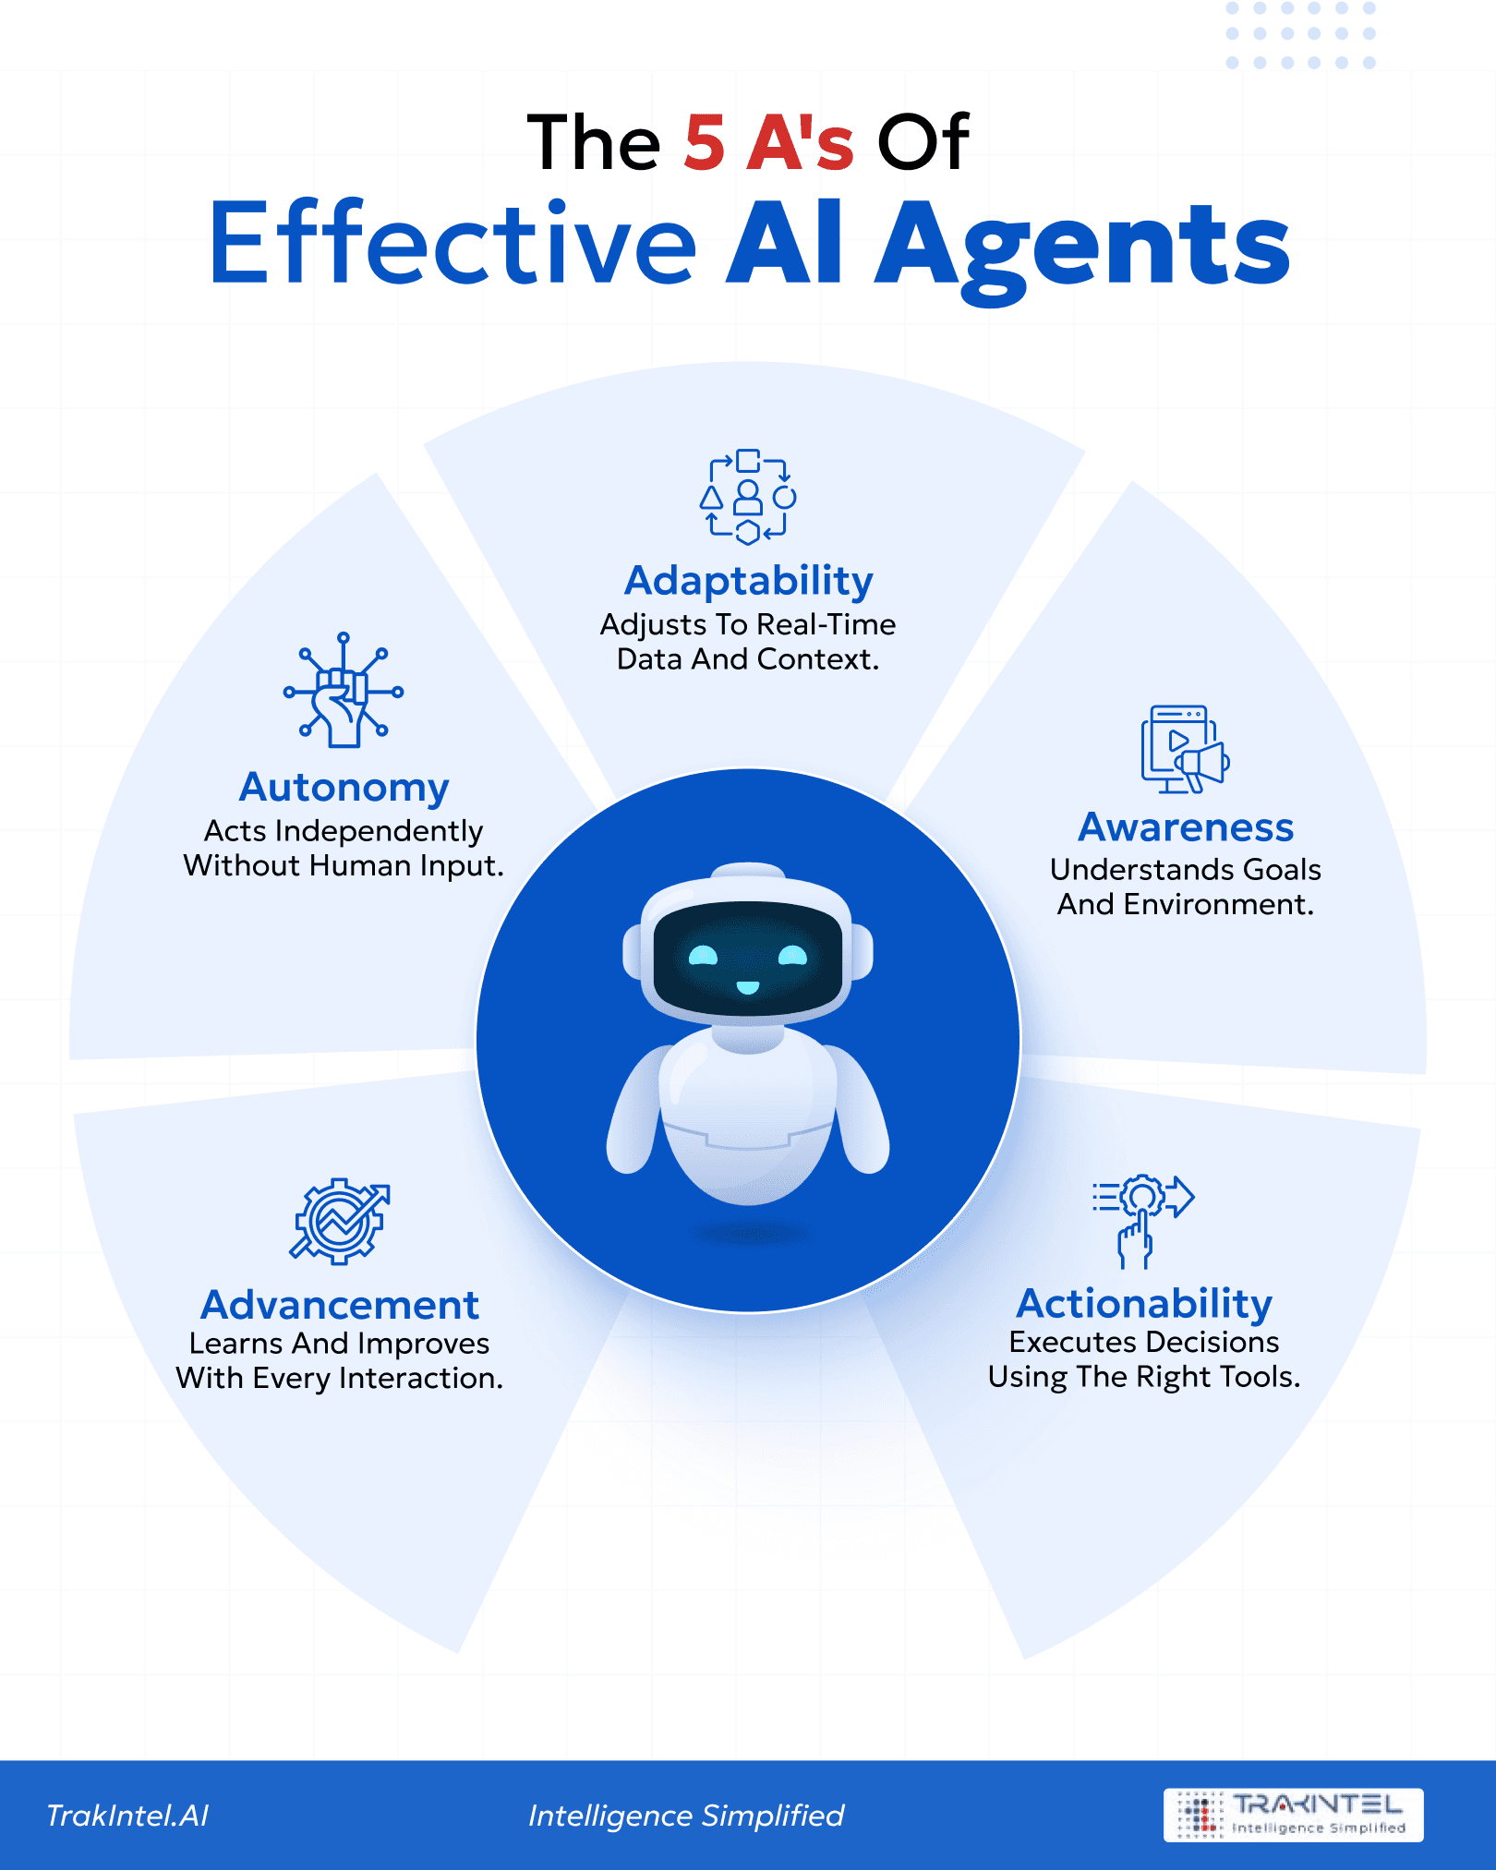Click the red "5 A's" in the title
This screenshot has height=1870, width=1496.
(x=769, y=143)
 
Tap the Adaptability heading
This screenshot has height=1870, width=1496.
(x=748, y=581)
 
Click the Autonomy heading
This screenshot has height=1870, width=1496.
(x=344, y=788)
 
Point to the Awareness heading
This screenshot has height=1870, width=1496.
(x=1186, y=827)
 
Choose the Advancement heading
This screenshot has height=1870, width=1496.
(x=340, y=1305)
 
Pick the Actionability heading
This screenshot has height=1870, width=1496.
(x=1144, y=1303)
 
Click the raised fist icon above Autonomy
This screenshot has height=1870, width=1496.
(x=343, y=691)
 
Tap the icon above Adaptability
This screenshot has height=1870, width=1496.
(x=748, y=497)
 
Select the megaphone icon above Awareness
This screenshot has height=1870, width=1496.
(x=1185, y=750)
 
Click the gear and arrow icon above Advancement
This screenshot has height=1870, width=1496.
(x=340, y=1221)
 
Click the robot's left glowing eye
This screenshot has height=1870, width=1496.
(x=703, y=956)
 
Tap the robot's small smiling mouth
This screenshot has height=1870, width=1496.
(x=748, y=988)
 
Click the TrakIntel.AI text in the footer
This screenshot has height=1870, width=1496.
(x=127, y=1816)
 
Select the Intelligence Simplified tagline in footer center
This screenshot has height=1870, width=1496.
(x=686, y=1816)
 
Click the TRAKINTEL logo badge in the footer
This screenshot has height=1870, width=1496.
(x=1293, y=1816)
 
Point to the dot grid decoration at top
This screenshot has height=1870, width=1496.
(x=1300, y=35)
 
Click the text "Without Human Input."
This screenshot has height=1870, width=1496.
(x=344, y=866)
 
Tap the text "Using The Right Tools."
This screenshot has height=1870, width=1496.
(x=1144, y=1377)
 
